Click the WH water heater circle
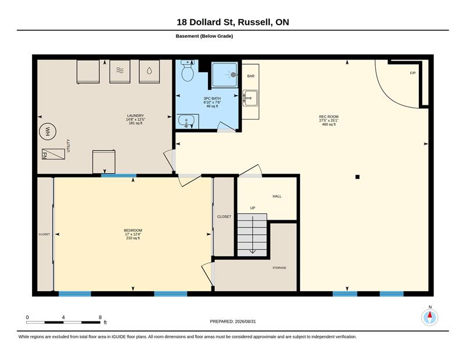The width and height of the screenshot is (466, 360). pos(48,132)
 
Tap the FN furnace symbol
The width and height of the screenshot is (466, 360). pos(54,154)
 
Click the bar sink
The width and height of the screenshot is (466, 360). pos(250,98)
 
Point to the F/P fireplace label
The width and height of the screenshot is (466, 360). pos(412,73)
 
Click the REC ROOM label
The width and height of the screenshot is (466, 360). pos(329,117)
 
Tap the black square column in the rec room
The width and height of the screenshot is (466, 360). pos(358,177)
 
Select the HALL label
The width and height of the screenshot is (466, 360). pos(277,196)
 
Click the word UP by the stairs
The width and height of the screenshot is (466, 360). pos(253,208)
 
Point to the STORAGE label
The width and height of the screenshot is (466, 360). pos(280,268)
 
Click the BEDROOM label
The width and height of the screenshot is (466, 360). pos(133,230)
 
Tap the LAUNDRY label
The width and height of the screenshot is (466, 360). pos(136,116)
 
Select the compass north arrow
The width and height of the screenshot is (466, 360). pos(430,315)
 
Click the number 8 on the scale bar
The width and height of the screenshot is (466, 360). pos(100,317)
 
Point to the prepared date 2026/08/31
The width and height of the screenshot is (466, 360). pos(245,322)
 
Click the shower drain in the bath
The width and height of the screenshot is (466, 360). pos(234,75)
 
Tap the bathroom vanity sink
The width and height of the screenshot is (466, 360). pos(186,121)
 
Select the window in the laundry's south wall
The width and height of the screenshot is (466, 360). pos(119,176)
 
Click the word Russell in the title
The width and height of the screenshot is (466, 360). pos(255,22)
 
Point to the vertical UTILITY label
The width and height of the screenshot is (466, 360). pos(68,146)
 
